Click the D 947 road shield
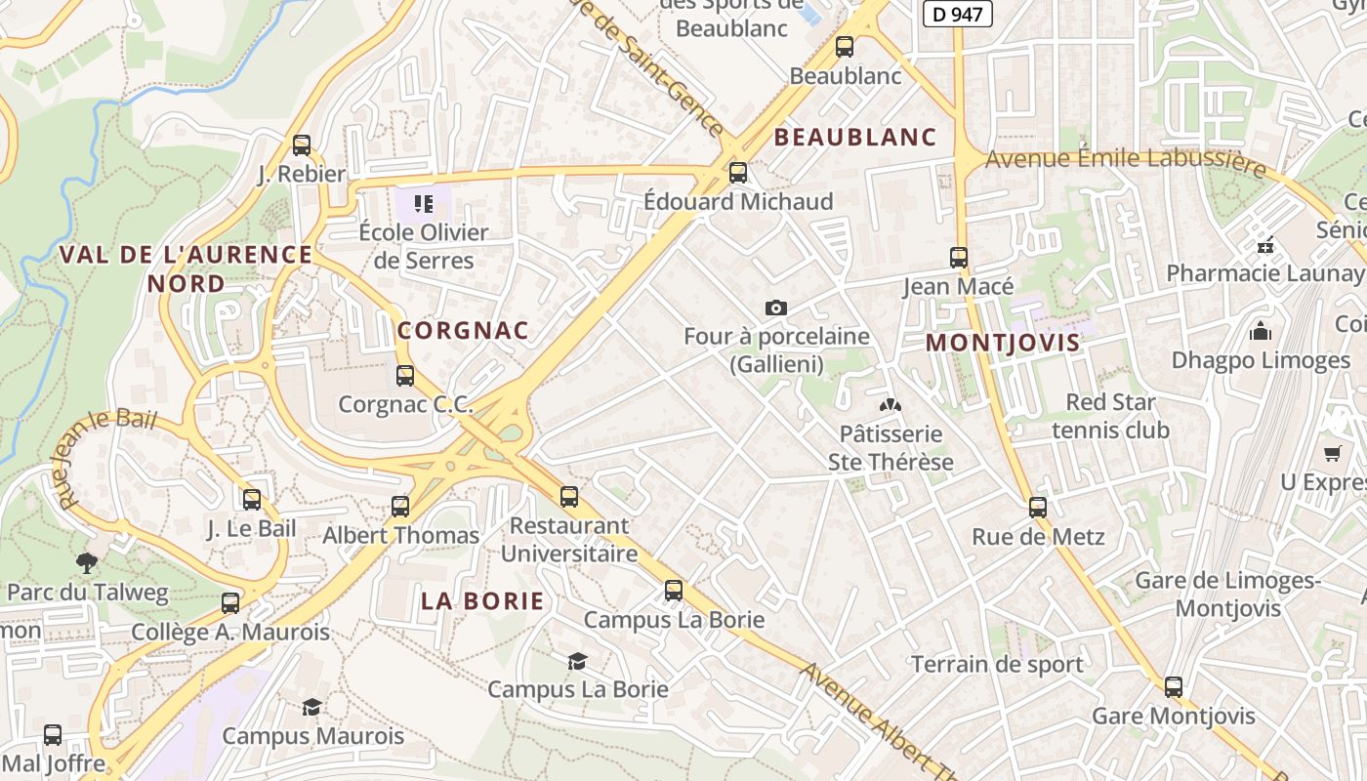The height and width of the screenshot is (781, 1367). (957, 14)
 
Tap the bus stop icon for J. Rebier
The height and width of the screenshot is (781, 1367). (302, 145)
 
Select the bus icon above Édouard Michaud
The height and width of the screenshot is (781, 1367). (738, 173)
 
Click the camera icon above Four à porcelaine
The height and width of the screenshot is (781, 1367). (776, 308)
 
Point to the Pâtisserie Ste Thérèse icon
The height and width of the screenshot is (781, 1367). (890, 404)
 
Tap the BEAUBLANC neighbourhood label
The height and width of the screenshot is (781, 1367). (855, 137)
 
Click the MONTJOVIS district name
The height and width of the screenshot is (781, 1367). (1003, 343)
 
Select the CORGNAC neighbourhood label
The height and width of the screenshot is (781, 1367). (463, 330)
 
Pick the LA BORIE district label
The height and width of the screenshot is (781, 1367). (482, 600)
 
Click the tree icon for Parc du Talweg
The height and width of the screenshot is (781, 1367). (87, 562)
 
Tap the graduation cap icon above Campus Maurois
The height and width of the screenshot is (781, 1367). (311, 707)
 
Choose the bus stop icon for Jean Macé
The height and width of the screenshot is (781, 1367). (959, 258)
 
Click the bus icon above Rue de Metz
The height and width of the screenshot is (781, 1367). (1038, 508)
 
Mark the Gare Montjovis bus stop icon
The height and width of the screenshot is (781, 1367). (1174, 687)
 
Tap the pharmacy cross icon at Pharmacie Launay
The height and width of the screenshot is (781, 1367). (1265, 244)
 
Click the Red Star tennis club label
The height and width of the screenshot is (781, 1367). (1110, 416)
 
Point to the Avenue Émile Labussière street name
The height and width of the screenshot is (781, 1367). (1125, 161)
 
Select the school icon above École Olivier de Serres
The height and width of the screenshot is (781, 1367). (424, 204)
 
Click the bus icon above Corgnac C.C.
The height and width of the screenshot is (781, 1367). (405, 375)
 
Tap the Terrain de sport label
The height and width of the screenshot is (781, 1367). (997, 665)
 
